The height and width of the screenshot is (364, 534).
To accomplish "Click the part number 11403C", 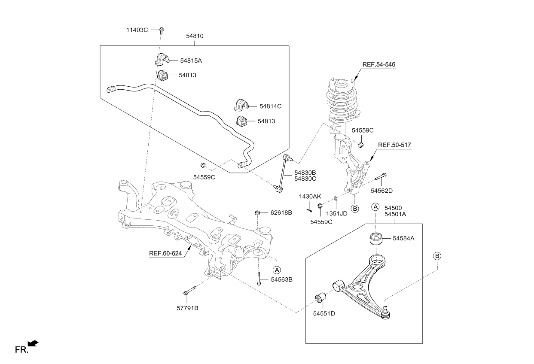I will click(x=137, y=30).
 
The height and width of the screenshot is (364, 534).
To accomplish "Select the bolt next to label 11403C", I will click(x=162, y=30).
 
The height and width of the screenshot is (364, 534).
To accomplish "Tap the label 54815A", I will click(x=191, y=61).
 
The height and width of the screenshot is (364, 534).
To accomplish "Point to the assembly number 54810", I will click(x=195, y=36).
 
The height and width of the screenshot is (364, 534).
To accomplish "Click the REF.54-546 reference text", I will click(x=378, y=64).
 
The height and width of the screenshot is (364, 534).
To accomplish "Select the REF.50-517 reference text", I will click(x=395, y=145).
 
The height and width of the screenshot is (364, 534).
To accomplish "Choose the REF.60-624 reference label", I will click(x=165, y=253).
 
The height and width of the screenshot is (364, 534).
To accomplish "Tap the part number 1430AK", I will click(x=310, y=196).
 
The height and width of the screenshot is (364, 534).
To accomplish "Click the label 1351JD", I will click(x=336, y=213).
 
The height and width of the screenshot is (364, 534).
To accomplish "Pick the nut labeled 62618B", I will click(x=257, y=212).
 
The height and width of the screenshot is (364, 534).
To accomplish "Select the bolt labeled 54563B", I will click(x=259, y=278).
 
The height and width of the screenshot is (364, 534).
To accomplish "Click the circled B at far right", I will click(x=437, y=256).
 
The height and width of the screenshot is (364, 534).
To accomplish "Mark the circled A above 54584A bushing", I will click(x=375, y=207).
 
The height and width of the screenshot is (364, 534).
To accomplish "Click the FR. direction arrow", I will click(x=33, y=343).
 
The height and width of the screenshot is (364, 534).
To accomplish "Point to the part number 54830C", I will click(x=305, y=179).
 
